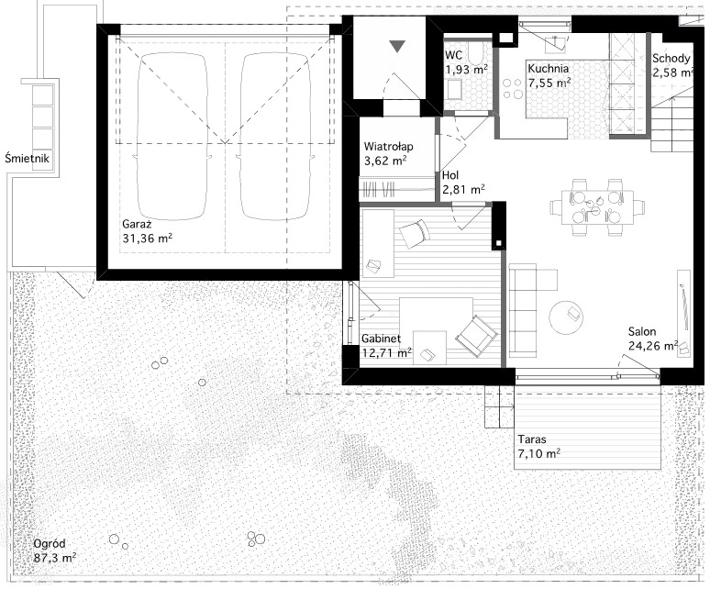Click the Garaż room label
coord(137,224)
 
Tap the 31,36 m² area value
coord(147,239)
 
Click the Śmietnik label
coord(28,158)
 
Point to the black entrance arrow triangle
coord(397,46)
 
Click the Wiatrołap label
coord(389,147)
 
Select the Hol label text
coord(450,175)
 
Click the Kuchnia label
coord(548,69)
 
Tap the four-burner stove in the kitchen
coord(512,89)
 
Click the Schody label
coord(671,59)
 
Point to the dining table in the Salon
coord(598,207)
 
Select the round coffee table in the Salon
coord(566,317)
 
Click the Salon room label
coord(642,331)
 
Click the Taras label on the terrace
coord(532,439)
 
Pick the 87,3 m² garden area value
coord(55,557)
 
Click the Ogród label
coord(50,543)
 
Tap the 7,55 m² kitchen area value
coord(549,83)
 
